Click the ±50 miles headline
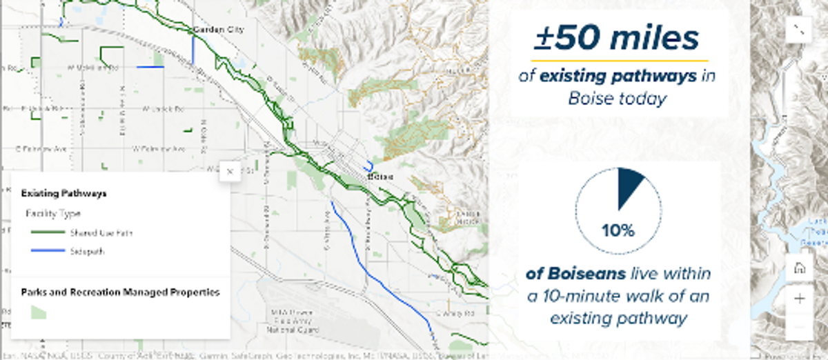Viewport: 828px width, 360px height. (x=617, y=39)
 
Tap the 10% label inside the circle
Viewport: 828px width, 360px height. (x=618, y=230)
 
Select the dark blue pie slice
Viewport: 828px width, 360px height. (x=629, y=186)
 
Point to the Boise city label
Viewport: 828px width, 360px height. (x=381, y=177)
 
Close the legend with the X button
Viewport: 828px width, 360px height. (x=230, y=171)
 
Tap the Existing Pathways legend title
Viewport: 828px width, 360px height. (x=64, y=194)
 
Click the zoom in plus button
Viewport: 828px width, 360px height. (x=800, y=299)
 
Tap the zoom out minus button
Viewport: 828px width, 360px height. (x=800, y=326)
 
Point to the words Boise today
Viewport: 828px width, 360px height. (x=617, y=99)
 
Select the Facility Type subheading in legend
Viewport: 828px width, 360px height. (x=53, y=214)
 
